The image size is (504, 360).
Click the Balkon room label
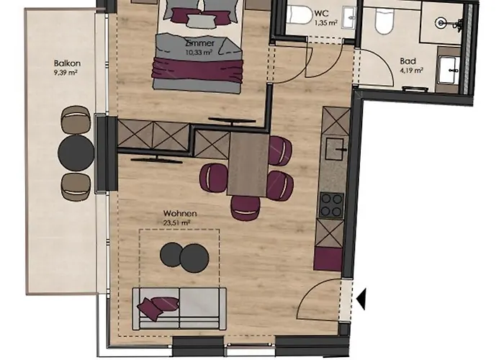[66, 63]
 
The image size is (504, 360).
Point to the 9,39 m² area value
[66, 72]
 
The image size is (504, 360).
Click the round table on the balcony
[76, 152]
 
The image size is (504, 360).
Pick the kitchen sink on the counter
[334, 149]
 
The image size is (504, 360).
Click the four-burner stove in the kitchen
[332, 204]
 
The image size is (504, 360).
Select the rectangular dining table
[247, 165]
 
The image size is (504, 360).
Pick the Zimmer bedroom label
[199, 42]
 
